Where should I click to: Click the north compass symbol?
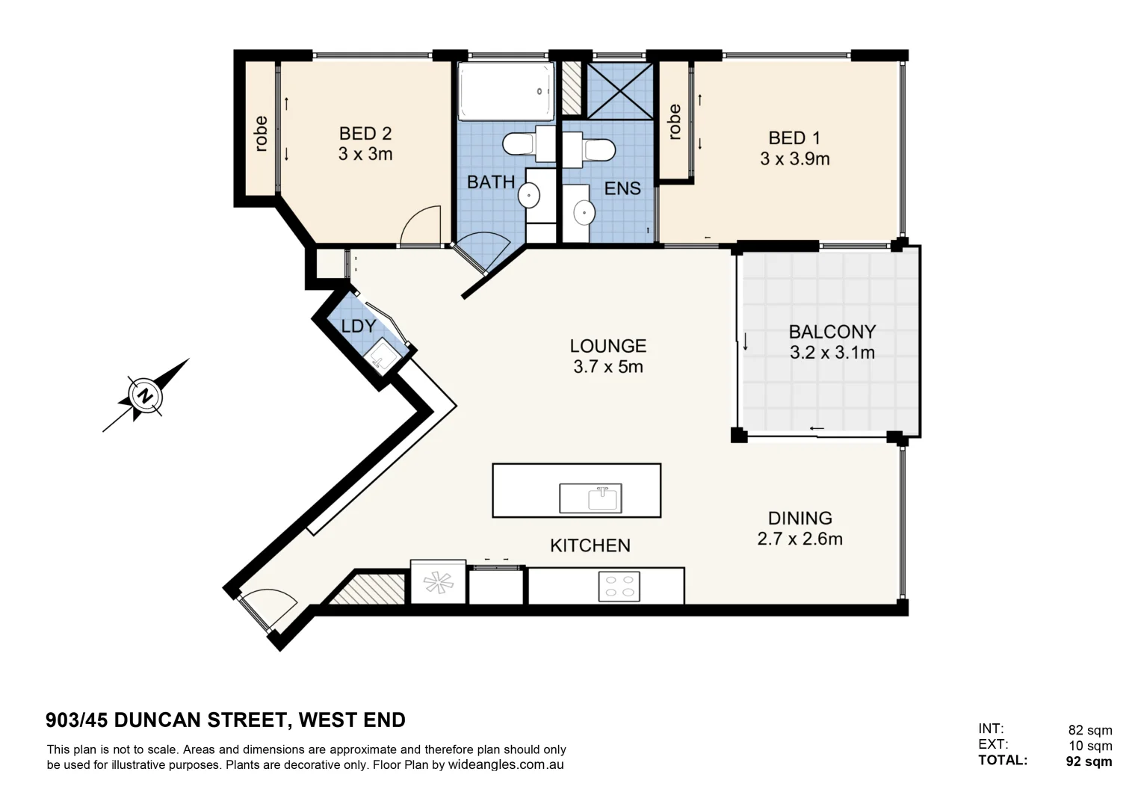pyautogui.click(x=144, y=395)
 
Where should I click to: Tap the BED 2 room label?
pyautogui.click(x=365, y=134)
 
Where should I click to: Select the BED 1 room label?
pyautogui.click(x=794, y=138)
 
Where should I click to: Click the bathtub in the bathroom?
pyautogui.click(x=506, y=91)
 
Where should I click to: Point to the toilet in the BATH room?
pyautogui.click(x=520, y=143)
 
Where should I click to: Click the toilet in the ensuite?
pyautogui.click(x=596, y=148)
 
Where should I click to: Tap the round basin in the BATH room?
pyautogui.click(x=529, y=196)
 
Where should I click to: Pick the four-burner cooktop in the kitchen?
pyautogui.click(x=619, y=586)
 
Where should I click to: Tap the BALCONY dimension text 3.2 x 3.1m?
pyautogui.click(x=832, y=353)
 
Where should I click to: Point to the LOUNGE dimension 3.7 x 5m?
pyautogui.click(x=607, y=367)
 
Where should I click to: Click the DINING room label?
pyautogui.click(x=800, y=518)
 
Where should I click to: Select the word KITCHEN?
pyautogui.click(x=590, y=545)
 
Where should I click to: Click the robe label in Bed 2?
pyautogui.click(x=260, y=134)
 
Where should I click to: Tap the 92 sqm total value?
pyautogui.click(x=1089, y=761)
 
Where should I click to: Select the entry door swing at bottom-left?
pyautogui.click(x=269, y=607)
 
